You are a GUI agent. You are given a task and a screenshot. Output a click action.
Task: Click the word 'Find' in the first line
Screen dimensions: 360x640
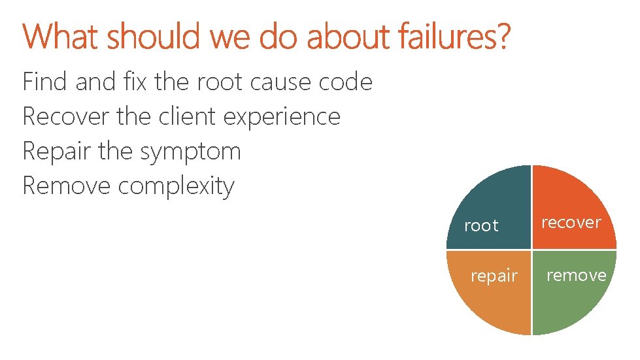[x=46, y=82]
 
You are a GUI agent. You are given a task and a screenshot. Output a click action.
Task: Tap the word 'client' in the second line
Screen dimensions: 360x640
[x=188, y=117]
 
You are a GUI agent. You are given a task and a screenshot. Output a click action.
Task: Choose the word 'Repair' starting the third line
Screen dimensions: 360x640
[x=58, y=152]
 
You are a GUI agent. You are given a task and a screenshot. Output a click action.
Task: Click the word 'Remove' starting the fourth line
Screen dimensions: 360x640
[x=67, y=186]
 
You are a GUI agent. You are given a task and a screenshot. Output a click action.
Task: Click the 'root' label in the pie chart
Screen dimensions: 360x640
[x=481, y=226]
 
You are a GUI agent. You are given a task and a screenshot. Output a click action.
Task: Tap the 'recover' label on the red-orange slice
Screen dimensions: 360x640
[x=571, y=223]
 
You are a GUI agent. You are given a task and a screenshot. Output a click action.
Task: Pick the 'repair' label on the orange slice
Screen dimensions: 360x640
[x=494, y=276]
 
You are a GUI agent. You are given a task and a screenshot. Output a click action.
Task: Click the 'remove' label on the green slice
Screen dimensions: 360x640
[x=576, y=276]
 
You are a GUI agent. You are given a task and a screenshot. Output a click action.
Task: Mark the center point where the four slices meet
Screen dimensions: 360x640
[x=531, y=250]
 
